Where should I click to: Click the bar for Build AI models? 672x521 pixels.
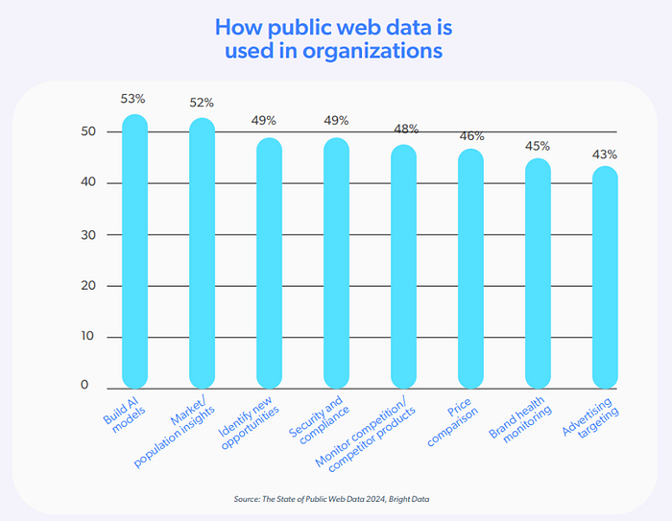pos(134,249)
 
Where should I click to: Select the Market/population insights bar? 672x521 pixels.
pos(202,251)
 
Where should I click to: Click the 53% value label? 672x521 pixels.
pos(133,99)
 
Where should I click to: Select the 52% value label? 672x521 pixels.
pos(201,103)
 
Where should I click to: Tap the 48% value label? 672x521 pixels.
pos(403,129)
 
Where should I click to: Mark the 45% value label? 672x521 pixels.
pos(538,146)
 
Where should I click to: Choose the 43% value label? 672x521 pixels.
pos(605,154)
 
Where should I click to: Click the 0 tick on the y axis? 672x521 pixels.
pos(84,386)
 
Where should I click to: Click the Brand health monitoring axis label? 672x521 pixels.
pos(527,423)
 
